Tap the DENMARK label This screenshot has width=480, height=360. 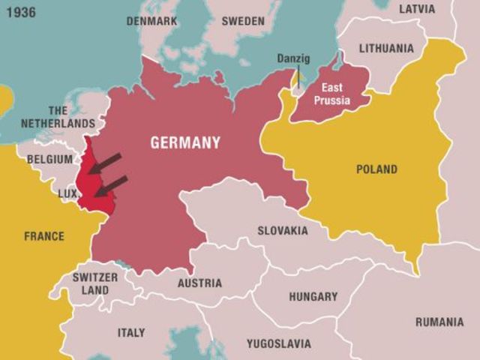[x=151, y=21]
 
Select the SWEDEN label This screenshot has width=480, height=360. [x=244, y=21]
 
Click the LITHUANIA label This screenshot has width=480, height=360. [x=386, y=48]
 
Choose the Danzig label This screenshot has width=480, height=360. [x=293, y=58]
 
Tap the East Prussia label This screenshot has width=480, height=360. [x=332, y=94]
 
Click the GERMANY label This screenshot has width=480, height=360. [x=185, y=142]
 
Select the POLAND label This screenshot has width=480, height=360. [x=376, y=169]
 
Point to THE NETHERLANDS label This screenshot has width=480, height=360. [x=58, y=117]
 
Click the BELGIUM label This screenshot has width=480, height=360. [x=49, y=159]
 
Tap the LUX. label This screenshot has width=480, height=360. [x=68, y=193]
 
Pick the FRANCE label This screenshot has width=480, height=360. [x=44, y=236]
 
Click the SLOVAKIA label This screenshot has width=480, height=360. [x=283, y=230]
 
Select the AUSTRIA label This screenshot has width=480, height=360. [x=199, y=283]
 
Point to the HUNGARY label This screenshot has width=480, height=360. [x=313, y=296]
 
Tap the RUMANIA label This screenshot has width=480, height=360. [x=439, y=322]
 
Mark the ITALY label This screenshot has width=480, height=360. [x=131, y=332]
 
